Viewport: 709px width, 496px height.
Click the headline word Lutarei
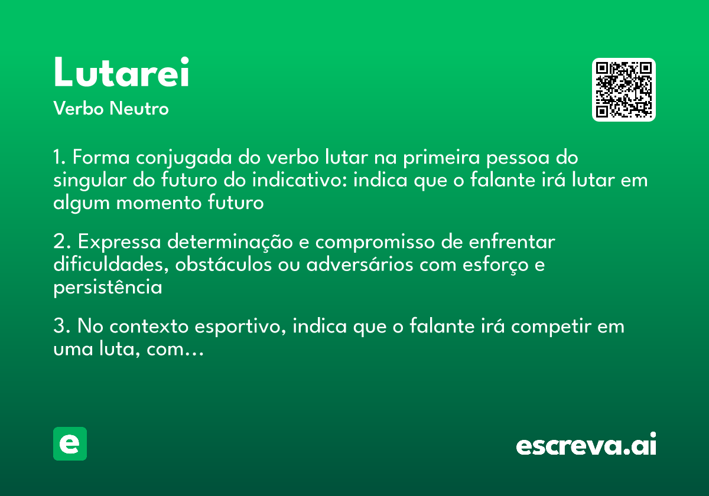pyautogui.click(x=121, y=73)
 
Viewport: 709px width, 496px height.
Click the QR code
pyautogui.click(x=623, y=90)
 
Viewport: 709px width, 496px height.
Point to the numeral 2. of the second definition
pyautogui.click(x=61, y=243)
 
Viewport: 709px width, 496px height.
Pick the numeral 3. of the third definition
pyautogui.click(x=61, y=327)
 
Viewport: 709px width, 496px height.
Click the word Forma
pyautogui.click(x=102, y=158)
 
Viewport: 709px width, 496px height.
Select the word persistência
pyautogui.click(x=108, y=288)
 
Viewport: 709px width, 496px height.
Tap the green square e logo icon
pyautogui.click(x=70, y=443)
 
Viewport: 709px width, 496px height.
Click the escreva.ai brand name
pyautogui.click(x=586, y=445)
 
